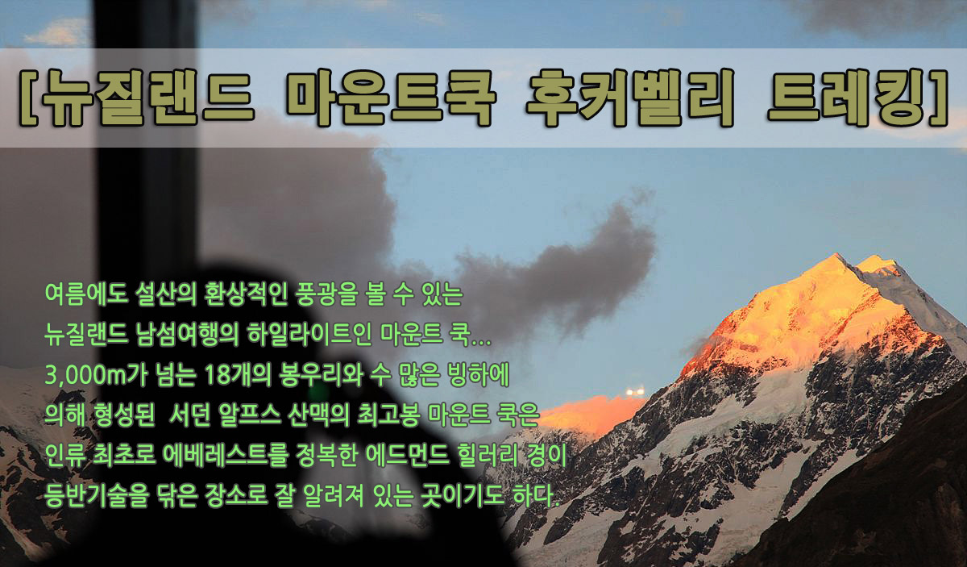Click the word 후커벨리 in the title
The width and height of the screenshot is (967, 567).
[x=629, y=98]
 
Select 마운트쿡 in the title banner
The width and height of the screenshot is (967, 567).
[x=390, y=98]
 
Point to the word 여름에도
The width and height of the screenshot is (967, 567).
[x=86, y=294]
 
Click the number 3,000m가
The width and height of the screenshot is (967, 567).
[x=96, y=376]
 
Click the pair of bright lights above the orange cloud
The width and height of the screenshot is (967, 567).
[x=635, y=391]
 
